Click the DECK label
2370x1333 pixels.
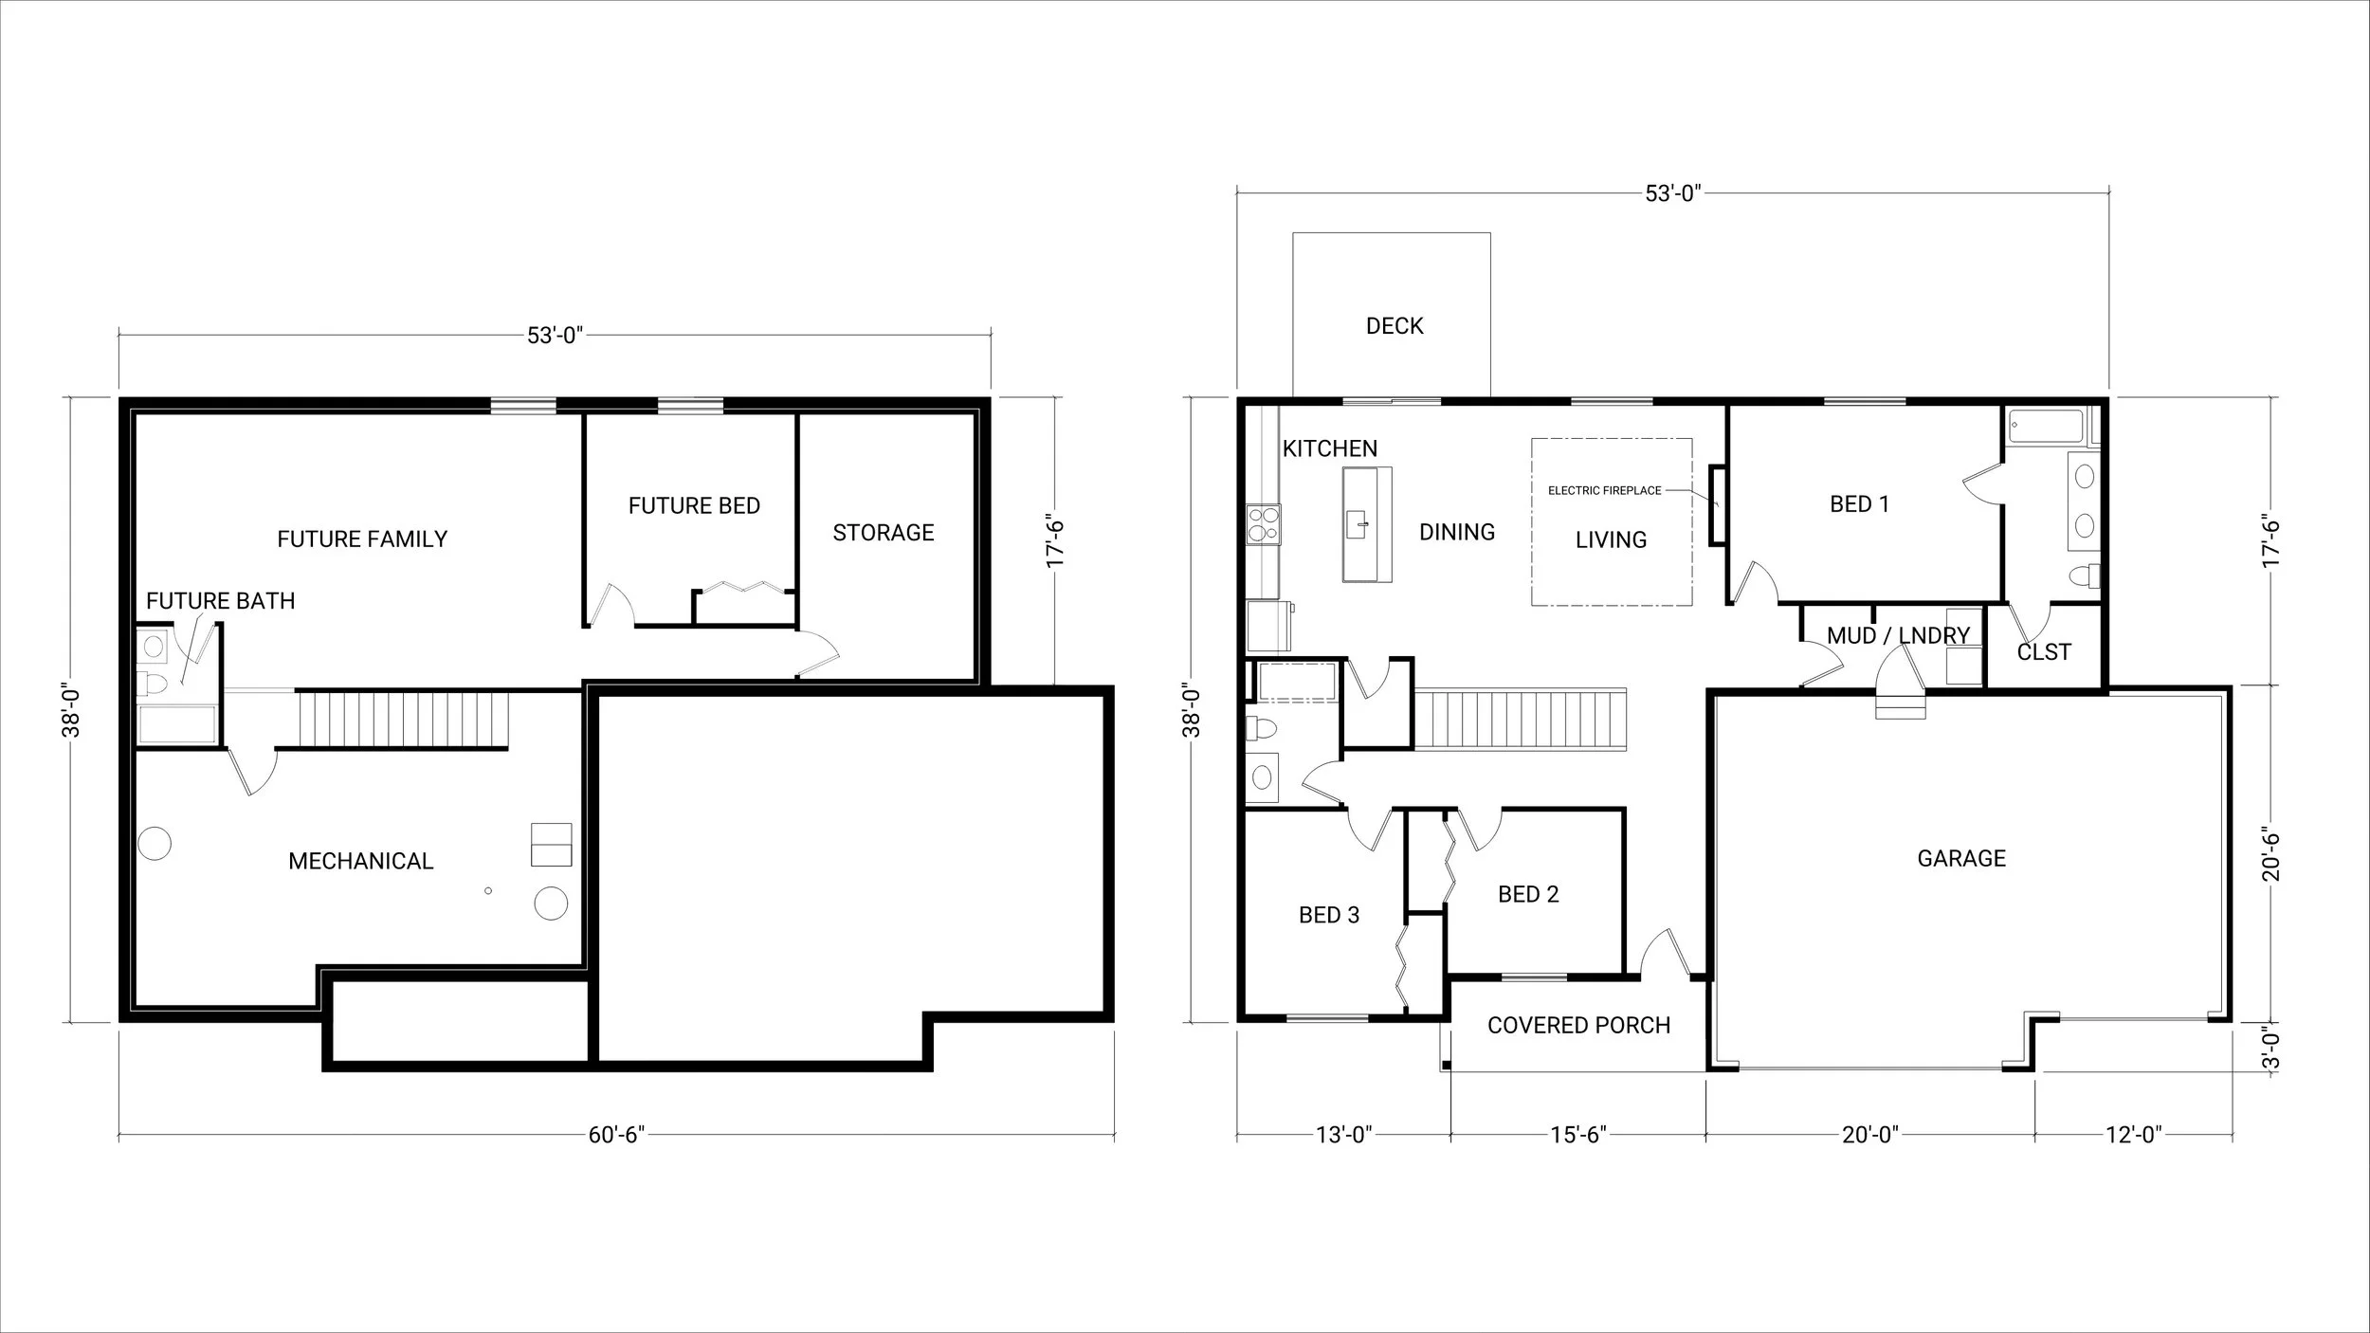(1394, 326)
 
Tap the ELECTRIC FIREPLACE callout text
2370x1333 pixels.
(1604, 490)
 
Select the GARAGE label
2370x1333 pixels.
(1960, 858)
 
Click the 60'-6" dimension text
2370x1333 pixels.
(616, 1135)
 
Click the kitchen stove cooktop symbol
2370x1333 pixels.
(1262, 524)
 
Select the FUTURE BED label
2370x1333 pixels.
(694, 505)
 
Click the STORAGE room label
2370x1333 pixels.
(883, 533)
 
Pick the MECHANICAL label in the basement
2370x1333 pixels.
(360, 861)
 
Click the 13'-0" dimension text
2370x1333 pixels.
(1343, 1135)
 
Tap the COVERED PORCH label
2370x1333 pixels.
(1578, 1025)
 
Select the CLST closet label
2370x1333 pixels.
(2043, 652)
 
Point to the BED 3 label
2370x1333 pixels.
(1328, 915)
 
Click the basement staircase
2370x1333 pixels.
(404, 720)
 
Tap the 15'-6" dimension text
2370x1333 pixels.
(1577, 1135)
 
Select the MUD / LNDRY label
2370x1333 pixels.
(1898, 635)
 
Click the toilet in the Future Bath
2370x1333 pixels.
(152, 683)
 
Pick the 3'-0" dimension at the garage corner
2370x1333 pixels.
(2271, 1049)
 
